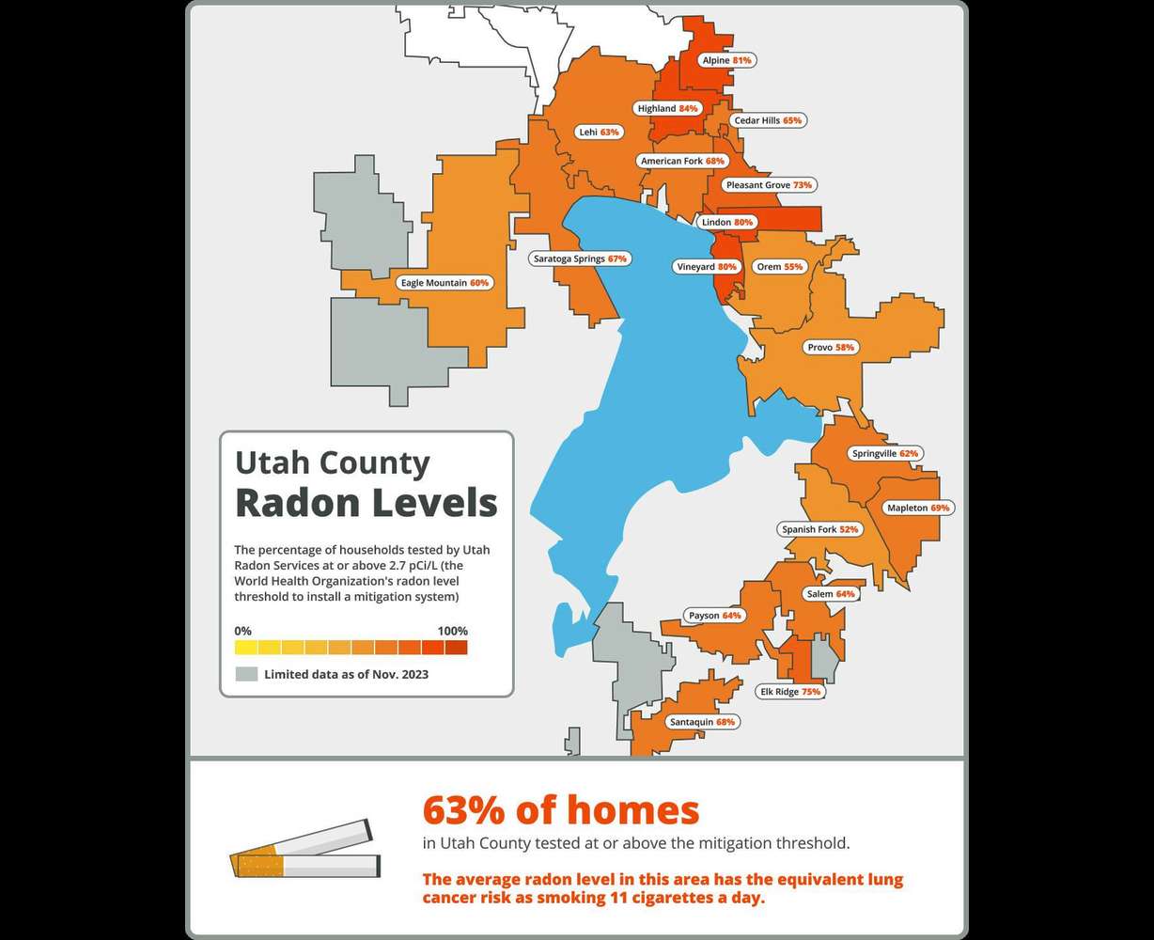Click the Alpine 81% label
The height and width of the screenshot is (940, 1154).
point(726,60)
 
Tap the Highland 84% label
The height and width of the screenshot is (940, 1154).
point(667,109)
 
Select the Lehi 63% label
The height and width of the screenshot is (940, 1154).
point(599,133)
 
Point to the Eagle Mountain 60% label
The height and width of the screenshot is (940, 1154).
point(444,283)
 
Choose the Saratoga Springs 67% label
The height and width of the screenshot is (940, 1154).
point(579,258)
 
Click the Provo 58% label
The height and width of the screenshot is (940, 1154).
point(831,348)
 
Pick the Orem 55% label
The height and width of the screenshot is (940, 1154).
point(779,267)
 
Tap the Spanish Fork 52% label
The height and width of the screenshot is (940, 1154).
point(819,530)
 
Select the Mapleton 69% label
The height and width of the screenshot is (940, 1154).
point(918,509)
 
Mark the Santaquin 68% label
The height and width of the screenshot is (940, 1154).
point(701,723)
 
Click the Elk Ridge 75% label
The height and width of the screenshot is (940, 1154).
point(790,692)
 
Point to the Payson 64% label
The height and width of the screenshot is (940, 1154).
point(714,617)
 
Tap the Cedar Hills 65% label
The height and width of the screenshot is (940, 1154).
point(768,121)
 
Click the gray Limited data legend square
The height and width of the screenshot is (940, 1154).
point(246,674)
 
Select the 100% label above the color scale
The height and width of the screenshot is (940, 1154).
point(452,631)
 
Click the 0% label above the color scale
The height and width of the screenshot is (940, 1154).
point(242,631)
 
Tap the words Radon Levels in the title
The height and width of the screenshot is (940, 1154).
point(366,503)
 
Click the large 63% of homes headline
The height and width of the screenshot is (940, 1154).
point(560,809)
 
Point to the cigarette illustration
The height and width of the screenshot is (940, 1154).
point(305,851)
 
